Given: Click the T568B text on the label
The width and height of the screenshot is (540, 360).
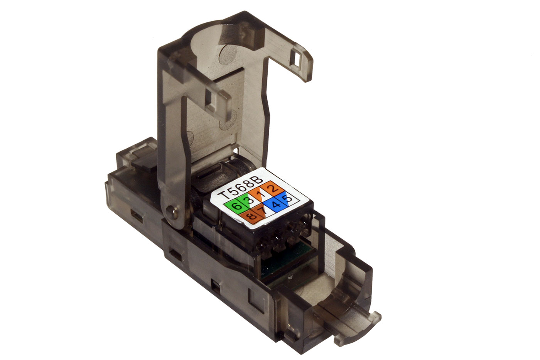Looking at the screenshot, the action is pyautogui.click(x=240, y=186).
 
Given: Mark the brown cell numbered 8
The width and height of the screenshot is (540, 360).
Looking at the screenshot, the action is pyautogui.click(x=251, y=215).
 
